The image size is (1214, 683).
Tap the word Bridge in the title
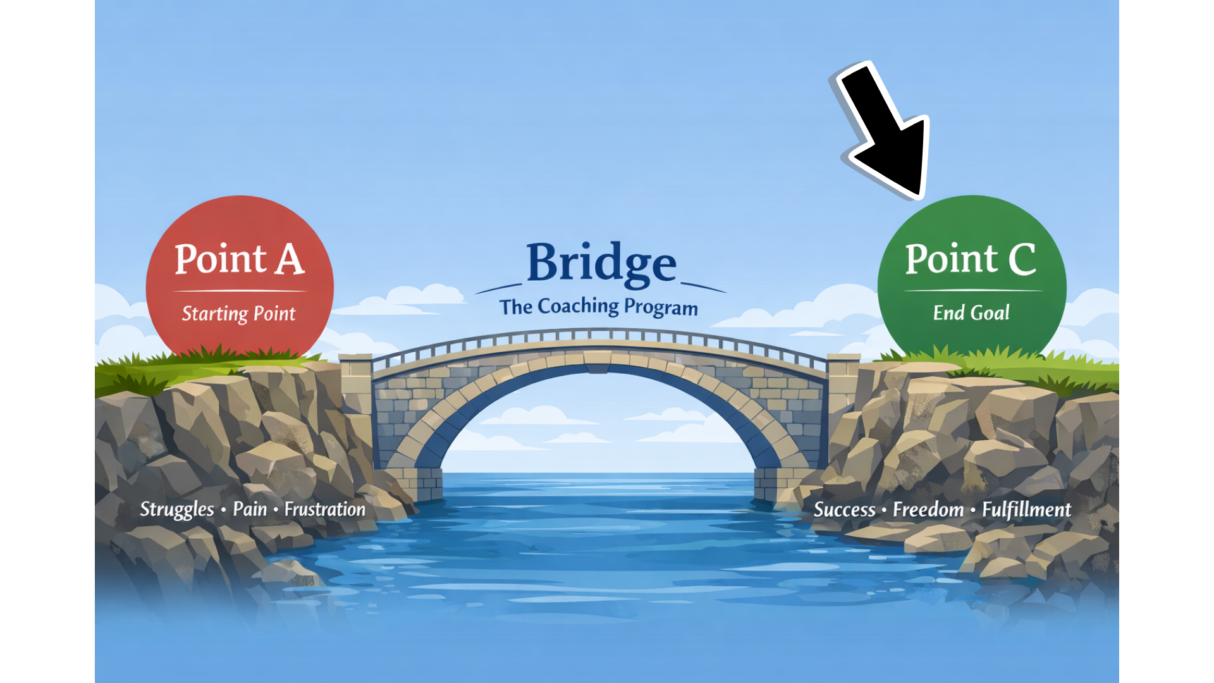[601, 263]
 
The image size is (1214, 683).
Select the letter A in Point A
[290, 259]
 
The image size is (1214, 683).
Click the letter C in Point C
[1022, 259]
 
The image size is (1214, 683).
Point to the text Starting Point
[238, 314]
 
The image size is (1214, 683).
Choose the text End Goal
[971, 312]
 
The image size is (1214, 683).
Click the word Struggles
[177, 510]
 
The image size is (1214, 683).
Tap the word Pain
[250, 509]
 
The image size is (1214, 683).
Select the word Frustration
[324, 509]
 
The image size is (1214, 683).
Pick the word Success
[844, 510]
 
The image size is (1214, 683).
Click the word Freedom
[928, 510]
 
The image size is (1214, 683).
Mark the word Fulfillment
[1026, 510]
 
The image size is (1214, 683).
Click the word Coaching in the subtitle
[578, 307]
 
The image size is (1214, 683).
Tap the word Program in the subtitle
[661, 308]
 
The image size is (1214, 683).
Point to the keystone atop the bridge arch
[598, 362]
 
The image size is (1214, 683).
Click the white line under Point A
[240, 291]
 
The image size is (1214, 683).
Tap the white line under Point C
[972, 291]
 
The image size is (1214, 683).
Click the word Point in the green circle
[951, 259]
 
